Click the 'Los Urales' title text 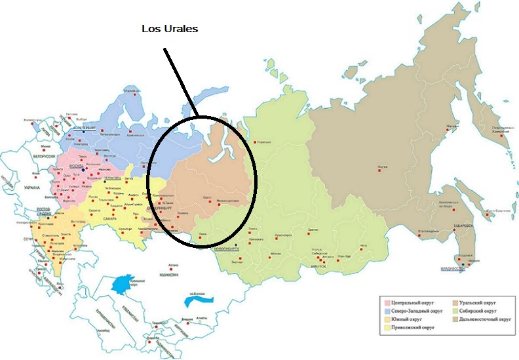(170, 30)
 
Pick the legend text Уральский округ (478, 303)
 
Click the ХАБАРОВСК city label (462, 225)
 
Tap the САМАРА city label (100, 218)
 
